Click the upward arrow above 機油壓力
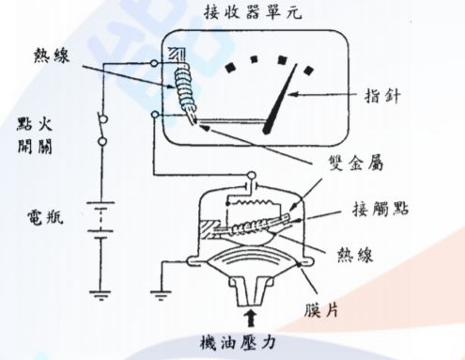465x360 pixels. [x=251, y=316]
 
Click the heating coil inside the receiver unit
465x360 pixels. [x=184, y=89]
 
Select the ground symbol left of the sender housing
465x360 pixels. [x=164, y=290]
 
